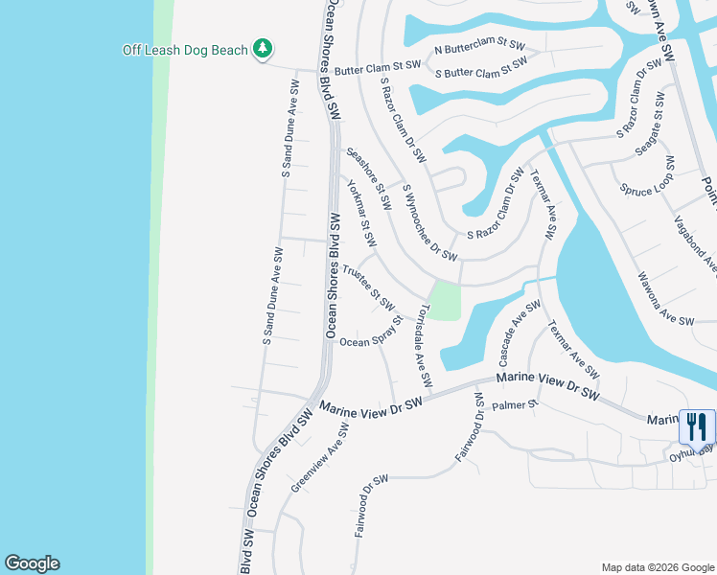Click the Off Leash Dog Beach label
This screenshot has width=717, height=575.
coord(186,50)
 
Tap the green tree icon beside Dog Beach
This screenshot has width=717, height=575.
coord(262,49)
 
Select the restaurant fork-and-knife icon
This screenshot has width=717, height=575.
coord(697,425)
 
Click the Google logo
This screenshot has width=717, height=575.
coord(32,563)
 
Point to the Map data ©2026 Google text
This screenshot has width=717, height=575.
coord(657,567)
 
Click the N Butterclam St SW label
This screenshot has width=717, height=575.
coord(480,46)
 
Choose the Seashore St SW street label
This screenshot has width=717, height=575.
coord(369,178)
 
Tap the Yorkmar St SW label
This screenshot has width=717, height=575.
coord(360,211)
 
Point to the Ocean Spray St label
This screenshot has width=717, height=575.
coord(370,340)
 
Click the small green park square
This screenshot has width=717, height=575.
coord(444,301)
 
